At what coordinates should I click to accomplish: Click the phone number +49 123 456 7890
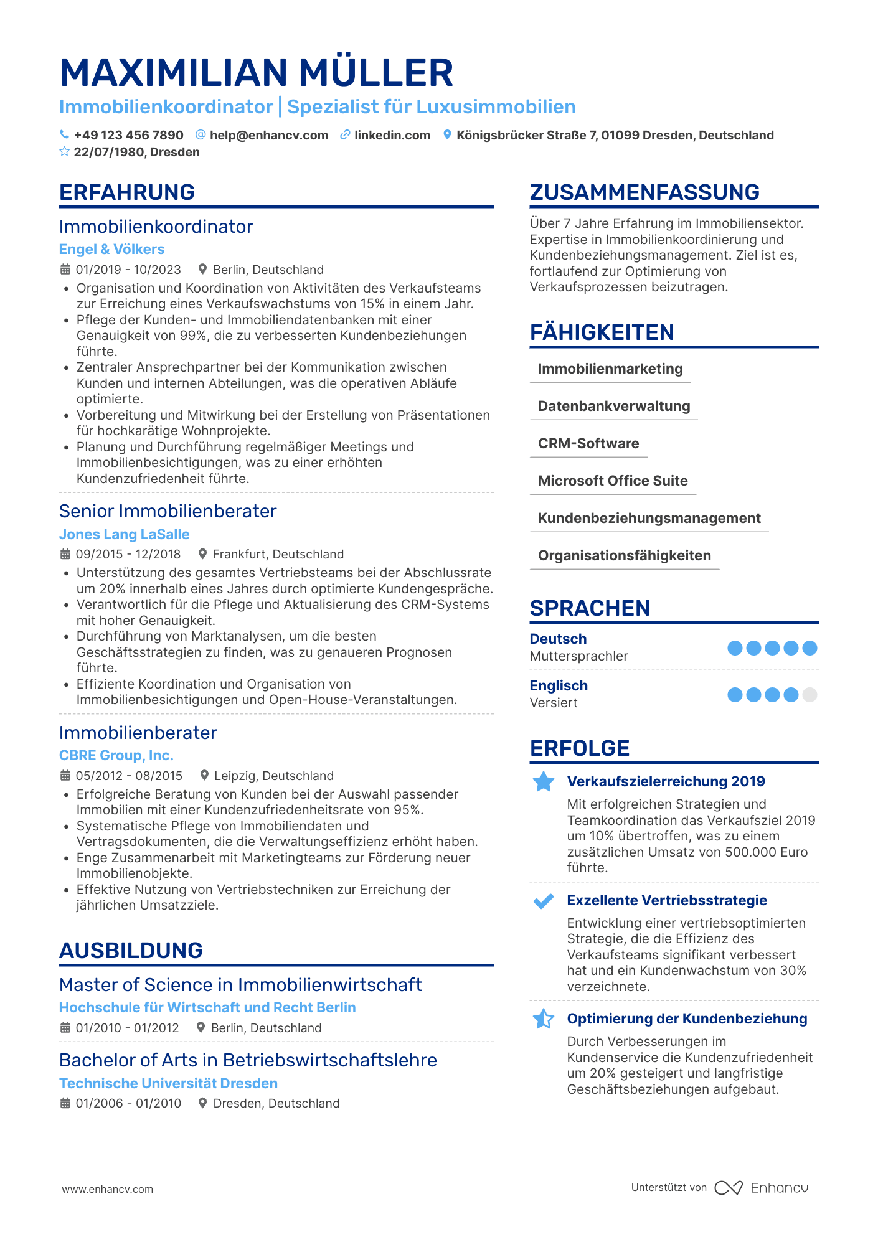coord(128,135)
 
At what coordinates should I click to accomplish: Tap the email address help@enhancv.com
coord(268,135)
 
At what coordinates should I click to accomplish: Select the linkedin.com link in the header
coord(392,135)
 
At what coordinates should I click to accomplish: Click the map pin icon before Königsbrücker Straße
coord(447,135)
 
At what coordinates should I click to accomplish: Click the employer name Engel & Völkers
coord(112,249)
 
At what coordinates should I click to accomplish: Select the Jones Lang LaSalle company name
coord(124,534)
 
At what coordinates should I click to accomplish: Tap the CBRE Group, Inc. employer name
coord(116,755)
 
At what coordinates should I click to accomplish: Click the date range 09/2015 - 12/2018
coord(128,554)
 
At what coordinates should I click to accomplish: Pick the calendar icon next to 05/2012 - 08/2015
coord(65,776)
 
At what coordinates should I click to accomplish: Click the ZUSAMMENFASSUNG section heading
coord(644,192)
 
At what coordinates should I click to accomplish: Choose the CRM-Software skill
coord(588,443)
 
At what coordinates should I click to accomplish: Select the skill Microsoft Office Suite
coord(613,481)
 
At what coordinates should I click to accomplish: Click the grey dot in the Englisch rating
coord(810,695)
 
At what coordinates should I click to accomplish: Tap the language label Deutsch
coord(558,639)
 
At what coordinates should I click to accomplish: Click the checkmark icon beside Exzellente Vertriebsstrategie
coord(544,901)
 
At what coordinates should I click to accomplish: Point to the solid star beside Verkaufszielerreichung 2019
coord(544,782)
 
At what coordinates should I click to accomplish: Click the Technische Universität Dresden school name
coord(168,1083)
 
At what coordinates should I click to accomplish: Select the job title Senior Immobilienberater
coord(168,511)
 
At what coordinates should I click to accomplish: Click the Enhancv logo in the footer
coord(761,1188)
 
